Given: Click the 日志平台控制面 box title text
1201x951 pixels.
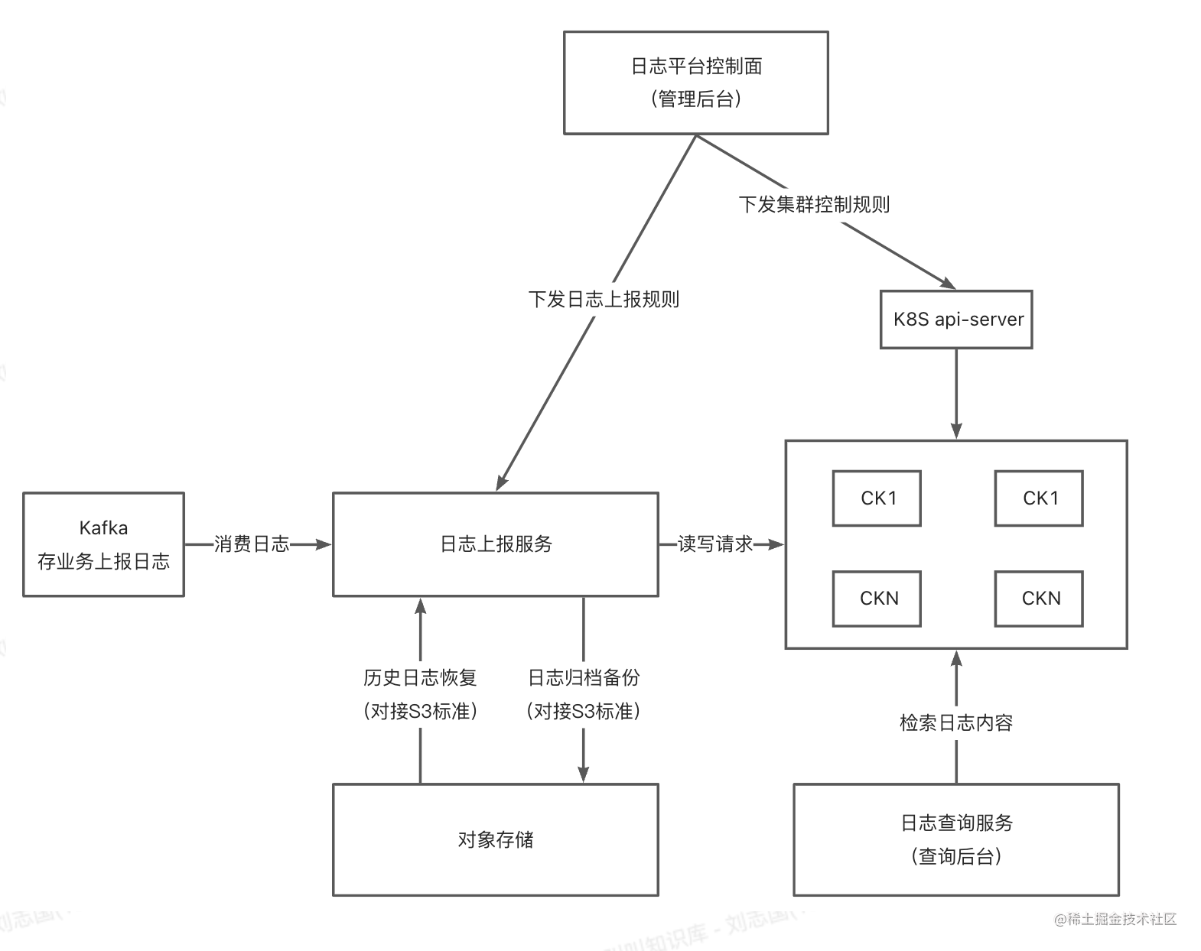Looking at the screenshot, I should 696,67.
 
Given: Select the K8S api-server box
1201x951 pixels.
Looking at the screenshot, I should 956,320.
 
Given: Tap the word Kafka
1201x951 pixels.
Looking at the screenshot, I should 103,527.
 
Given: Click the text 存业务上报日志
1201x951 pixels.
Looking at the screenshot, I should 103,562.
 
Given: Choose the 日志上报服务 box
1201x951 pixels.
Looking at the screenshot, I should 496,544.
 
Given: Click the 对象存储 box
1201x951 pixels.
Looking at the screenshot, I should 496,839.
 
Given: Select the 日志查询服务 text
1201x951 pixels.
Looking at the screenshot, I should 956,823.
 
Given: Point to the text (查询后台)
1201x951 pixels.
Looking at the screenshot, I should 956,856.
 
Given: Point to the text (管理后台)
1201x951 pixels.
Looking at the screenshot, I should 696,99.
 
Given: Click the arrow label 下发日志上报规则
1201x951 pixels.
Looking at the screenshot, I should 604,299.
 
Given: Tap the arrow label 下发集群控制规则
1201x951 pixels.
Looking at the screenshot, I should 814,204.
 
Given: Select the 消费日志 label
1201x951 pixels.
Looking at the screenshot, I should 252,544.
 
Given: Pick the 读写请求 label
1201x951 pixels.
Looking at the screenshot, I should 715,544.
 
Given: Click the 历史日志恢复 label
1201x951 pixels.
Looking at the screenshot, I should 420,677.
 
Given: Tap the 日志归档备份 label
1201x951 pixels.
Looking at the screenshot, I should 584,677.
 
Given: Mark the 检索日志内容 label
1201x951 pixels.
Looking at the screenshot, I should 956,722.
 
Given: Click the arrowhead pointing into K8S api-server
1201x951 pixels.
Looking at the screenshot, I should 949,284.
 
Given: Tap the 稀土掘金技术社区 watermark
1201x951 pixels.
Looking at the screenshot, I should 1117,920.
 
